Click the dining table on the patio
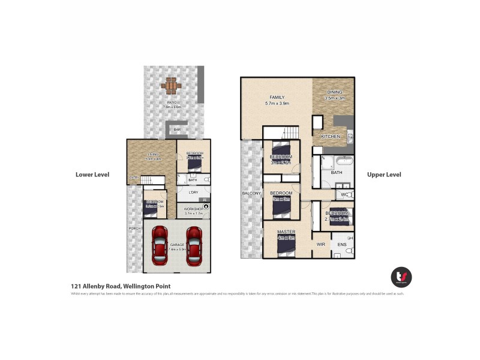point(170,86)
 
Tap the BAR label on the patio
point(177,129)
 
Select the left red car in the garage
point(160,245)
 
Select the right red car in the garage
point(194,245)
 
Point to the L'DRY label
point(193,192)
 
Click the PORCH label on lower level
point(134,229)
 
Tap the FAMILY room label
point(277,97)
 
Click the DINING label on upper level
point(334,92)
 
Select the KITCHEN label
point(330,137)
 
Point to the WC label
point(344,195)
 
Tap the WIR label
point(321,244)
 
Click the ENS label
point(343,244)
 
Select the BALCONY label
point(251,194)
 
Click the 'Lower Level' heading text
point(92,175)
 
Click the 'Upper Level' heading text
point(384,175)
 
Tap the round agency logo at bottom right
point(401,277)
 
